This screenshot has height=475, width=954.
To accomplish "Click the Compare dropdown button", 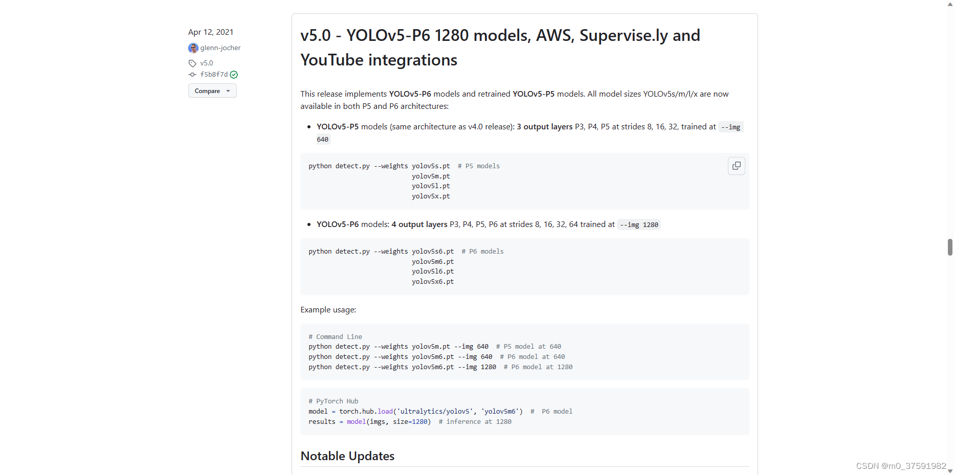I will click(212, 91).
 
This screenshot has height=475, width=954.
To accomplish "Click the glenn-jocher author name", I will click(220, 48).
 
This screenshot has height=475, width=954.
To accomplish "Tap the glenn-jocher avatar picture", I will click(193, 48).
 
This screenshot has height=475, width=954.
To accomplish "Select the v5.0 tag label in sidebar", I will click(207, 63).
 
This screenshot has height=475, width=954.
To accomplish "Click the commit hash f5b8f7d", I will click(214, 74).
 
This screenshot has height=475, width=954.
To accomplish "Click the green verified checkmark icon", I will click(234, 75).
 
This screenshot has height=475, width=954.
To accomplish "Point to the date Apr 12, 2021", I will click(211, 32).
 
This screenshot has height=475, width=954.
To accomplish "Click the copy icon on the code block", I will click(736, 166).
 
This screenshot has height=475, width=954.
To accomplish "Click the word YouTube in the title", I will click(332, 60).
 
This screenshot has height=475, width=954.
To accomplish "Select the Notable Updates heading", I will click(347, 456).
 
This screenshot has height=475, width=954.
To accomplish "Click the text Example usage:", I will click(328, 309).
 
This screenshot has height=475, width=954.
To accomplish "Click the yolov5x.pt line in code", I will click(431, 196).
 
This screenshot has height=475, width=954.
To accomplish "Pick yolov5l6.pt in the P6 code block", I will click(433, 272).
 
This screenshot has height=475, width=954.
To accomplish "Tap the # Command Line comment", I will click(335, 336).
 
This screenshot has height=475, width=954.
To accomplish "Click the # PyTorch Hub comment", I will click(334, 401).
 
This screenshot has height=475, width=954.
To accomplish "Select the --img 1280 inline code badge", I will click(639, 224).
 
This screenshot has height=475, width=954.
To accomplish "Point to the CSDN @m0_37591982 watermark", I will click(901, 466).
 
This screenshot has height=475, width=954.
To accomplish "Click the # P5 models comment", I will click(479, 166).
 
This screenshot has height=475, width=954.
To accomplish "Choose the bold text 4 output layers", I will click(419, 224).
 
